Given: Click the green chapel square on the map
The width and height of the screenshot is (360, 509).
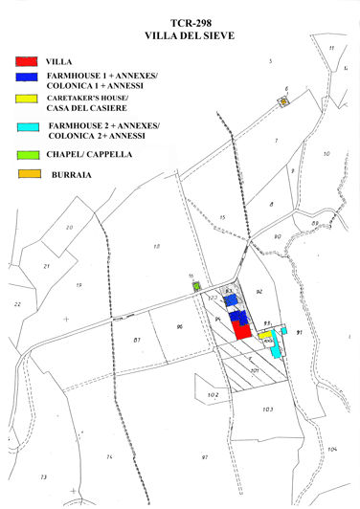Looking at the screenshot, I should pyautogui.click(x=195, y=285).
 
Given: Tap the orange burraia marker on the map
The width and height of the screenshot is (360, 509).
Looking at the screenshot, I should pyautogui.click(x=283, y=100).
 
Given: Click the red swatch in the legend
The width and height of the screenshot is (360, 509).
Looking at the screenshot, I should pyautogui.click(x=29, y=61).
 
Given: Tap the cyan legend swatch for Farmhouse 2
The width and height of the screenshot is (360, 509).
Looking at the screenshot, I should pyautogui.click(x=29, y=126).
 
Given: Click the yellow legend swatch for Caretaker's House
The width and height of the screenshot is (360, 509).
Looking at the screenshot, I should pyautogui.click(x=29, y=98).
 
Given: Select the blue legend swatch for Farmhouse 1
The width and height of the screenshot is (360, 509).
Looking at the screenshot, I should pyautogui.click(x=29, y=76).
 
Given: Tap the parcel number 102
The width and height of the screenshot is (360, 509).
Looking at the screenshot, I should pyautogui.click(x=213, y=394).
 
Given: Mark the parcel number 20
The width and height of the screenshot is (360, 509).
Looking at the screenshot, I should pyautogui.click(x=68, y=227).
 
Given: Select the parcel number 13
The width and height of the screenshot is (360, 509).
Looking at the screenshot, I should pyautogui.click(x=42, y=476).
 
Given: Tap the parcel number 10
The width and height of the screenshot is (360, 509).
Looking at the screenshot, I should pyautogui.click(x=326, y=153).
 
